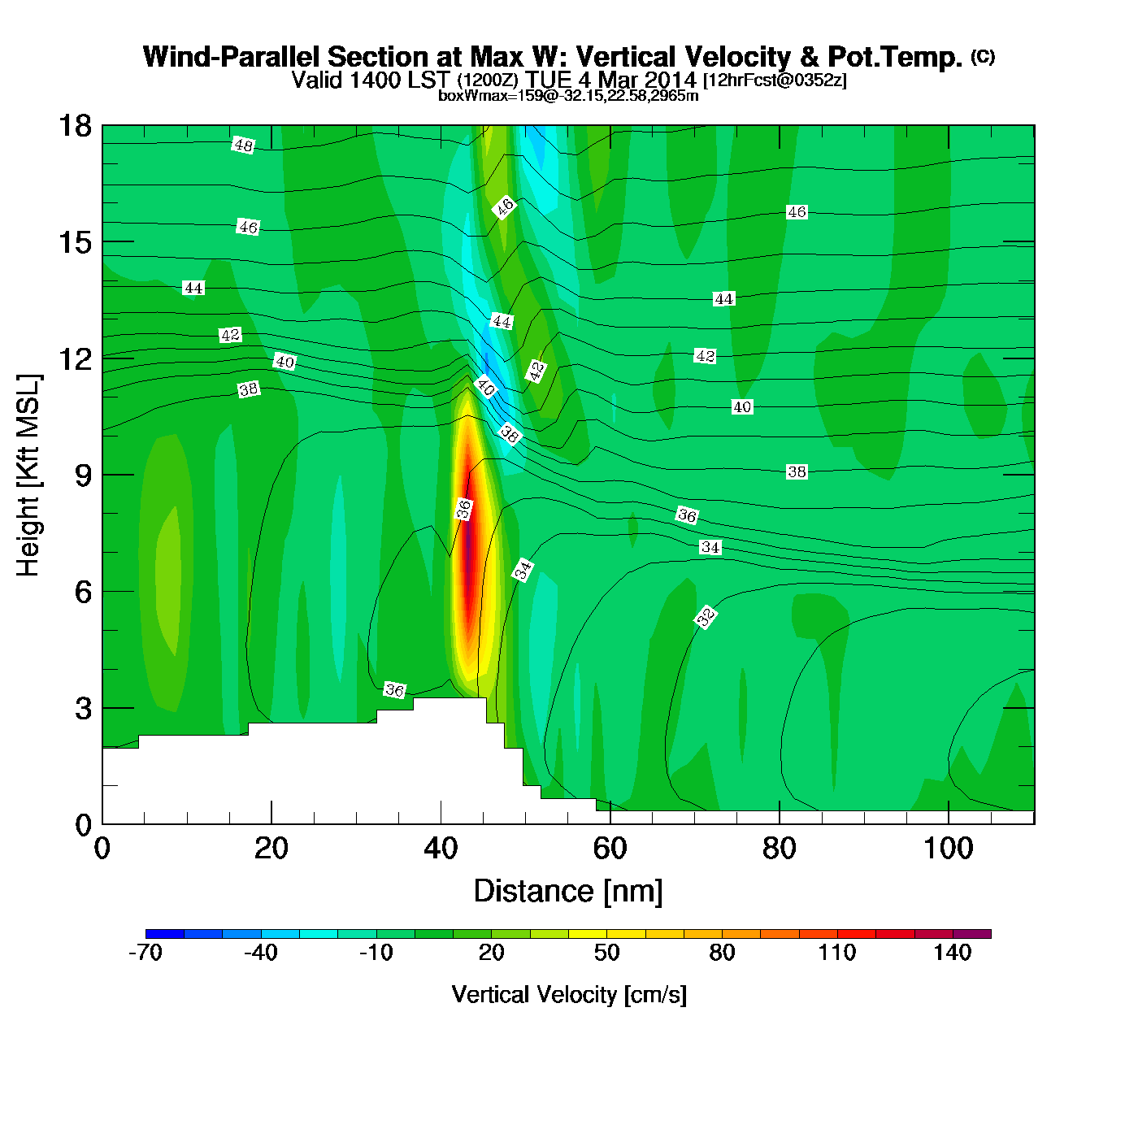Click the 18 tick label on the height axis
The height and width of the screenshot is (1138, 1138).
coord(74,126)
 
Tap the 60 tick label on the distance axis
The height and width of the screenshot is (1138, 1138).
coord(610,849)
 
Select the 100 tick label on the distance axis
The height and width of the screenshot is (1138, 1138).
coord(948,849)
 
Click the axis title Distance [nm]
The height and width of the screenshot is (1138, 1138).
coord(568,892)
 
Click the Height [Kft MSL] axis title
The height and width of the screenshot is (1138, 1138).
coord(28,476)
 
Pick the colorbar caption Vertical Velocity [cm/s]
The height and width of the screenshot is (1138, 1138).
coord(569,994)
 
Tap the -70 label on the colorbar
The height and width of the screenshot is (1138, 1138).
coord(146,953)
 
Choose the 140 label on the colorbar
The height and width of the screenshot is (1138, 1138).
coord(952,953)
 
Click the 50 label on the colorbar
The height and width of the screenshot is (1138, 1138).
coord(606,953)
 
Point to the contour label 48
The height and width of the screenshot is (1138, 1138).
coord(243,146)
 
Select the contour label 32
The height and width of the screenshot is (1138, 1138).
coord(706,617)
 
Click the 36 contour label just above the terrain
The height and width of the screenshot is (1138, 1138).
coord(394,690)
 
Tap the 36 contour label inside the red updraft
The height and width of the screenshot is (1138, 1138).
coord(463,510)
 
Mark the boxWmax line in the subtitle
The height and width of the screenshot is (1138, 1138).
coord(568,96)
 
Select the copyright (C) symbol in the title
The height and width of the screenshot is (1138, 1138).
coord(983,56)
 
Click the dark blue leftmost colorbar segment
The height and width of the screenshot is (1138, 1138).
coord(164,934)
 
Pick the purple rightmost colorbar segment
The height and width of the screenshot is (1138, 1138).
coord(971,934)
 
